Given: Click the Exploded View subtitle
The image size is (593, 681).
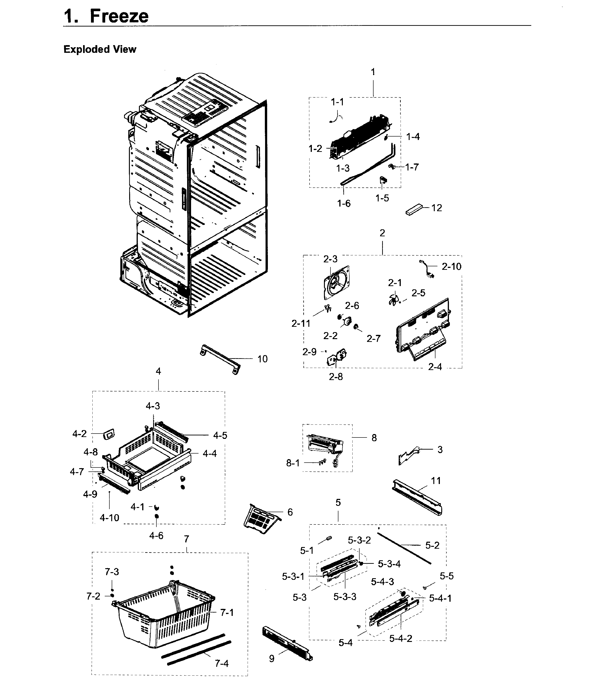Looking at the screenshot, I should [x=100, y=49].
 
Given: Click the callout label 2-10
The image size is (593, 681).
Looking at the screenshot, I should [x=451, y=267].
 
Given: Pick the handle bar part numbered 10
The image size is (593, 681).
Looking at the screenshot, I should [x=220, y=359].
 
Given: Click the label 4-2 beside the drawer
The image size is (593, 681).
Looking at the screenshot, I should [x=79, y=434].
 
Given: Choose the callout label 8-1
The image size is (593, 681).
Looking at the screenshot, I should [x=293, y=463].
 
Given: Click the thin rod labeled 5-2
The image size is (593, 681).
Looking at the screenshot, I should [x=404, y=546].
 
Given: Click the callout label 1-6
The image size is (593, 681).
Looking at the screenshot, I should [x=344, y=204].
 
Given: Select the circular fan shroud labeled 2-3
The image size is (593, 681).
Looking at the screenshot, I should [x=337, y=284].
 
